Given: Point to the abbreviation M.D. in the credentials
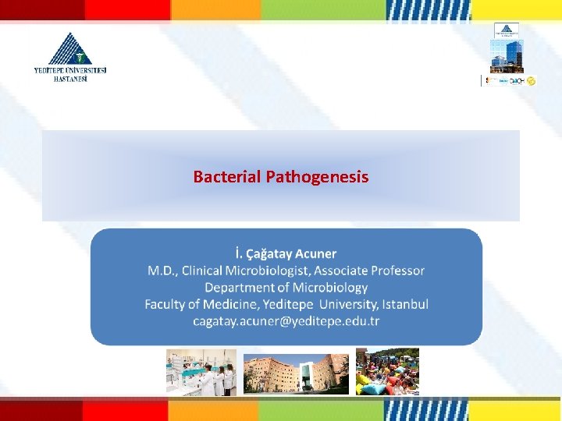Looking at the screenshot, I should tap(162, 271).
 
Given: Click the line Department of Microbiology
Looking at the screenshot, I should tap(286, 288).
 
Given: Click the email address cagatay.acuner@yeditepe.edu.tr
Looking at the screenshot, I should tap(286, 321).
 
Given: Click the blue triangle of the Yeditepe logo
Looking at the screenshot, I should tap(70, 49).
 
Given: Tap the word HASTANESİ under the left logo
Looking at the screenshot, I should tap(71, 79).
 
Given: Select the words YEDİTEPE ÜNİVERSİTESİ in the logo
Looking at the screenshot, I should tap(70, 70).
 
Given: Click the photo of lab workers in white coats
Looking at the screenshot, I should tap(201, 372).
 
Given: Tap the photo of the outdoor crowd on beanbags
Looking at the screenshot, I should tap(387, 372).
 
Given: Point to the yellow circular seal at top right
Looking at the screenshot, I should tap(532, 80).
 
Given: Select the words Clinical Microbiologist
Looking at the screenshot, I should tap(245, 271).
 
